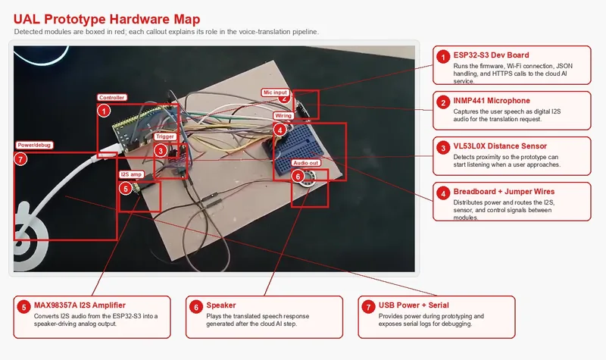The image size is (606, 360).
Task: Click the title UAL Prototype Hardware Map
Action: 107,19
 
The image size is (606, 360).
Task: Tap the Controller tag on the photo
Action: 111,98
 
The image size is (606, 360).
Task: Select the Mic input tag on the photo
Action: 275,92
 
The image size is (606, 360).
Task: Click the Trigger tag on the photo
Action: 165,136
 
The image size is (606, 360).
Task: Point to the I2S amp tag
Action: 131,174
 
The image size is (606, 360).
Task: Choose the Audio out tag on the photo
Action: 306,163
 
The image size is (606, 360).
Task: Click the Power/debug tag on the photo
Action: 34,145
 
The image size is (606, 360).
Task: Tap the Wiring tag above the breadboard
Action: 283,116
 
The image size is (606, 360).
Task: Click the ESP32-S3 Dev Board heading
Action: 491,55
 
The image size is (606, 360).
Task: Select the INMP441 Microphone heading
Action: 492,101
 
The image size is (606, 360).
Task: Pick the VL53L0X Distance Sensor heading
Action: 500,146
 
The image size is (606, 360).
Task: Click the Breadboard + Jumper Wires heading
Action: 504,192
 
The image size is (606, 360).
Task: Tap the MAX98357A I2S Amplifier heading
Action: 80,305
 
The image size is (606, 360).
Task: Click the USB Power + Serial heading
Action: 414,305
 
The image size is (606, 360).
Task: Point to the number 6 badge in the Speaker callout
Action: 196,307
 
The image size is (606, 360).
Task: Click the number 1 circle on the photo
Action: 104,111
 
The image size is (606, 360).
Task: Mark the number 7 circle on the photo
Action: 20,159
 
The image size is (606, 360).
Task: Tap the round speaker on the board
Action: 308,180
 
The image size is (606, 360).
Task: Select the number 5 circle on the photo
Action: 126,189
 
